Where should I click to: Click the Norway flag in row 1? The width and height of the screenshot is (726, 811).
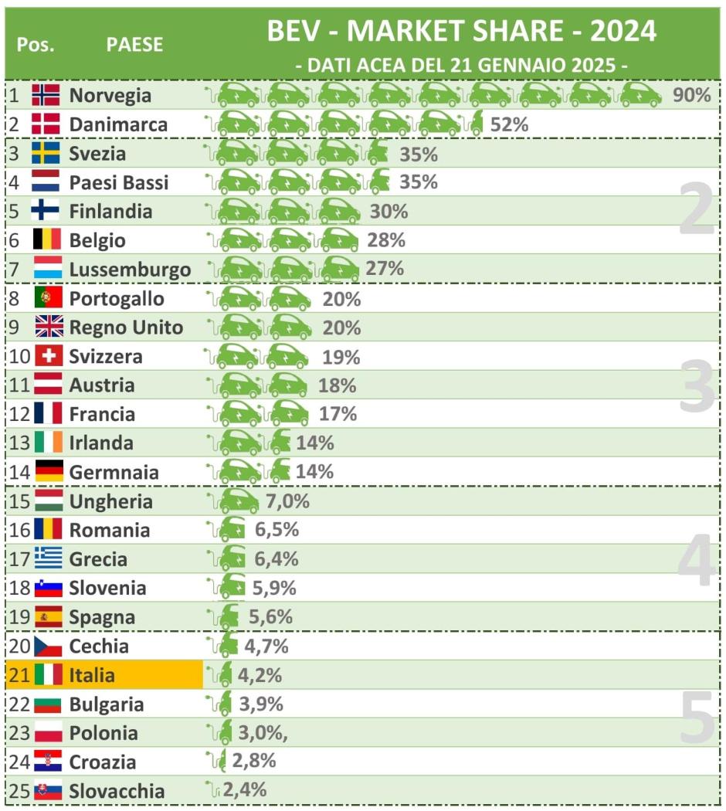(x=46, y=95)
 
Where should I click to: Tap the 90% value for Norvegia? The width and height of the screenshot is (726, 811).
(x=691, y=96)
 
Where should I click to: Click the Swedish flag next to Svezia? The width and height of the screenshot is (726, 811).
(x=46, y=153)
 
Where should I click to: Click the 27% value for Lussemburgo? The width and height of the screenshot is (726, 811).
(x=385, y=269)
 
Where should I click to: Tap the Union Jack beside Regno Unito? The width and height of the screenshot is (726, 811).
(x=49, y=327)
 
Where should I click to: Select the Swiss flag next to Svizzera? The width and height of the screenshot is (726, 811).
(x=49, y=356)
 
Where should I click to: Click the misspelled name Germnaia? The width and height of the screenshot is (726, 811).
(x=114, y=472)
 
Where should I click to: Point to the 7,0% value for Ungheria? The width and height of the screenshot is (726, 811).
(x=287, y=501)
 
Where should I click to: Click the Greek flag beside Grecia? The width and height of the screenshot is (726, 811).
(x=49, y=559)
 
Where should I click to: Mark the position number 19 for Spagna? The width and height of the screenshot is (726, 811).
(x=19, y=617)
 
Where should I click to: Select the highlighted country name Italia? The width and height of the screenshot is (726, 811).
(x=92, y=675)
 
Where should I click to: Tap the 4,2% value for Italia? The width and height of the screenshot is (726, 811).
(x=260, y=675)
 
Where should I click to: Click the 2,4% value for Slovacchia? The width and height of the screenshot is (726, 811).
(x=244, y=789)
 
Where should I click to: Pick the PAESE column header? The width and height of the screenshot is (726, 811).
(x=134, y=44)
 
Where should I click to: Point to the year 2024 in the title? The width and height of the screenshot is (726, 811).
(x=623, y=31)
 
